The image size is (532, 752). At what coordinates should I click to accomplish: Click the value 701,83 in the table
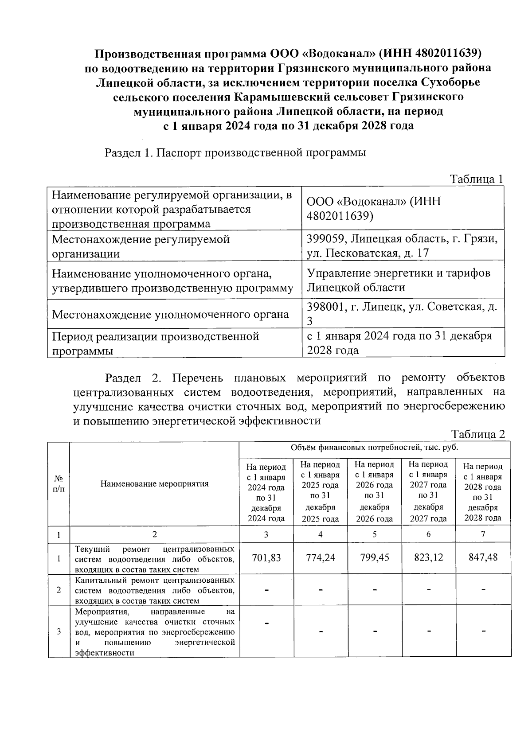[x=266, y=557]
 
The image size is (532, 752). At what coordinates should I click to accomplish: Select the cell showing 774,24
[x=320, y=557]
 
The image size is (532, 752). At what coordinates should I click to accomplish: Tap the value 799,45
[x=375, y=557]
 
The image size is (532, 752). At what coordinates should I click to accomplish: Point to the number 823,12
[x=428, y=557]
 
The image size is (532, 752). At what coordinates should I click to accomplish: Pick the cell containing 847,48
[x=483, y=557]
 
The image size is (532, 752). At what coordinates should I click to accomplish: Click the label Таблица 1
[x=477, y=179]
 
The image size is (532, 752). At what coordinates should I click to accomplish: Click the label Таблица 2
[x=478, y=434]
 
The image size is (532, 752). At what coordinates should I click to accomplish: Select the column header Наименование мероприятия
[x=154, y=483]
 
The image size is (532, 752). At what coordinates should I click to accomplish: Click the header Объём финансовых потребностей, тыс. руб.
[x=374, y=448]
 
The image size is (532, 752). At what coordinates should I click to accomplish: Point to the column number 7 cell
[x=483, y=534]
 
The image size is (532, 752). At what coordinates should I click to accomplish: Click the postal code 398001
[x=326, y=307]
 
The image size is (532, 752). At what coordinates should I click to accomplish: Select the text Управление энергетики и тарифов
[x=399, y=273]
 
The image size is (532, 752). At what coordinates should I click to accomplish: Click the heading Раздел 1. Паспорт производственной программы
[x=235, y=153]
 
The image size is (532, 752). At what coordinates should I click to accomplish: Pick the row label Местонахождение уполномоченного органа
[x=170, y=315]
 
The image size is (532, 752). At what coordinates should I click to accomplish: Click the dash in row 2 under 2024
[x=266, y=590]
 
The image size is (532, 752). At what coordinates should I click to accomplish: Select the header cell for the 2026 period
[x=375, y=491]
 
